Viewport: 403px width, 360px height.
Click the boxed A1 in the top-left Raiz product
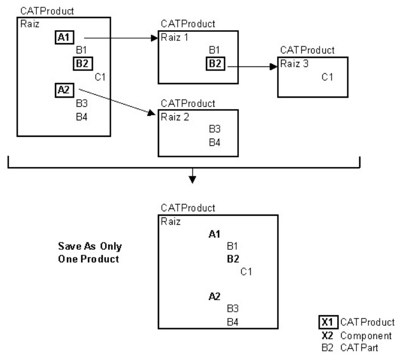62,38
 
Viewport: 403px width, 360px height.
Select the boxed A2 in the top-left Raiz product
62,89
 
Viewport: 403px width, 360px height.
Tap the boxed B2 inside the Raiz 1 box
215,64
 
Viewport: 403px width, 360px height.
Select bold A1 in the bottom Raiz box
214,233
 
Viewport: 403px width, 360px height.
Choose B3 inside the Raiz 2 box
215,129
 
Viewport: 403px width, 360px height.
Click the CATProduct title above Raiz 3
303,50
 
